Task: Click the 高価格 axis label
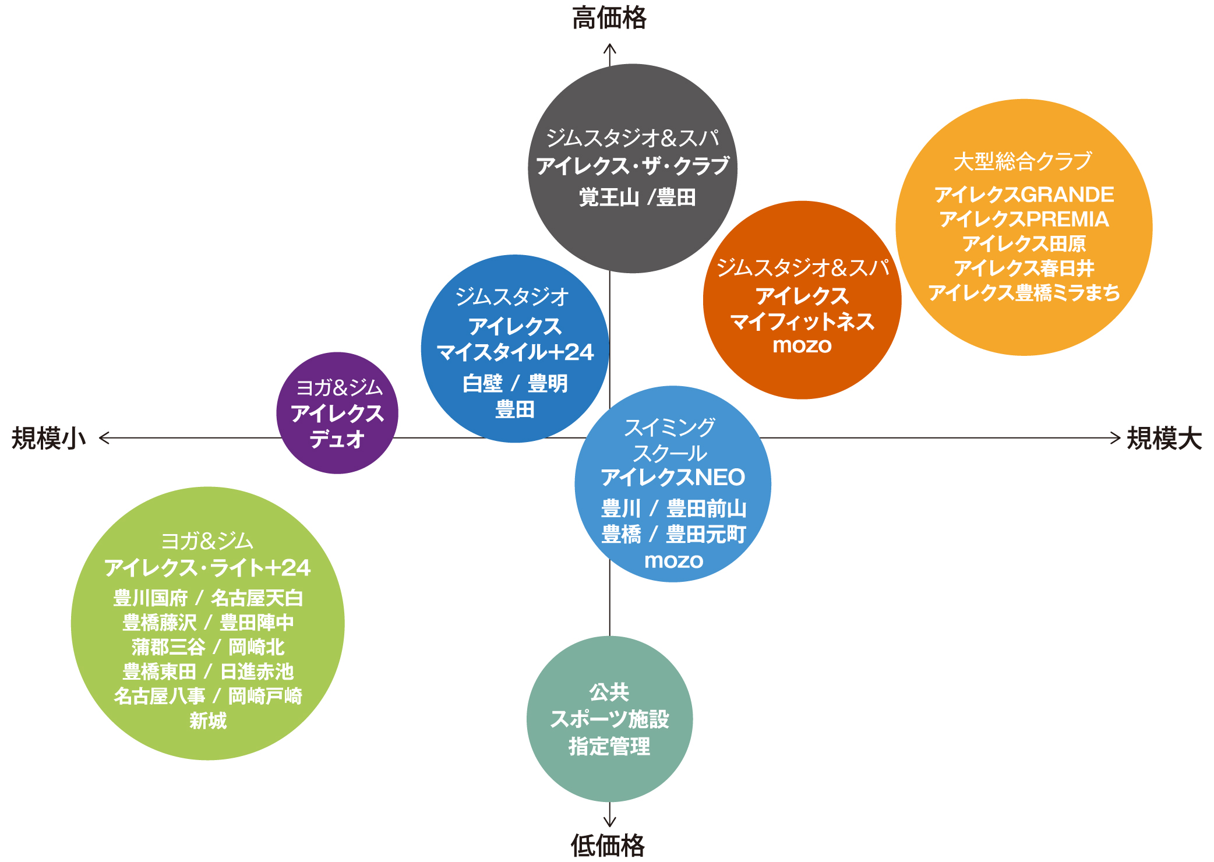click(609, 18)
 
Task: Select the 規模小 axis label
click(49, 438)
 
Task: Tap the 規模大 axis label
click(1164, 438)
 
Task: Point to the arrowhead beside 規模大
click(1116, 437)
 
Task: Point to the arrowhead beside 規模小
click(104, 437)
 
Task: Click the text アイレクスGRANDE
click(1024, 195)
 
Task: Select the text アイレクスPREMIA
click(1024, 220)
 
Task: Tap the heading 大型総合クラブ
click(1023, 161)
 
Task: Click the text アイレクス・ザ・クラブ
click(633, 166)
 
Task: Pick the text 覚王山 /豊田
click(637, 197)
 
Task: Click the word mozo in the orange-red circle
click(802, 345)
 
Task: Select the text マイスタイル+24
click(515, 352)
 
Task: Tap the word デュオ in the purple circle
click(337, 439)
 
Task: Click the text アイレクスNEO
click(673, 478)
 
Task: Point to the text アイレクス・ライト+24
click(207, 568)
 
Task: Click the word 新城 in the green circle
click(208, 721)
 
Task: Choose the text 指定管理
click(609, 746)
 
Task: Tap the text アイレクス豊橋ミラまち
click(1024, 292)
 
